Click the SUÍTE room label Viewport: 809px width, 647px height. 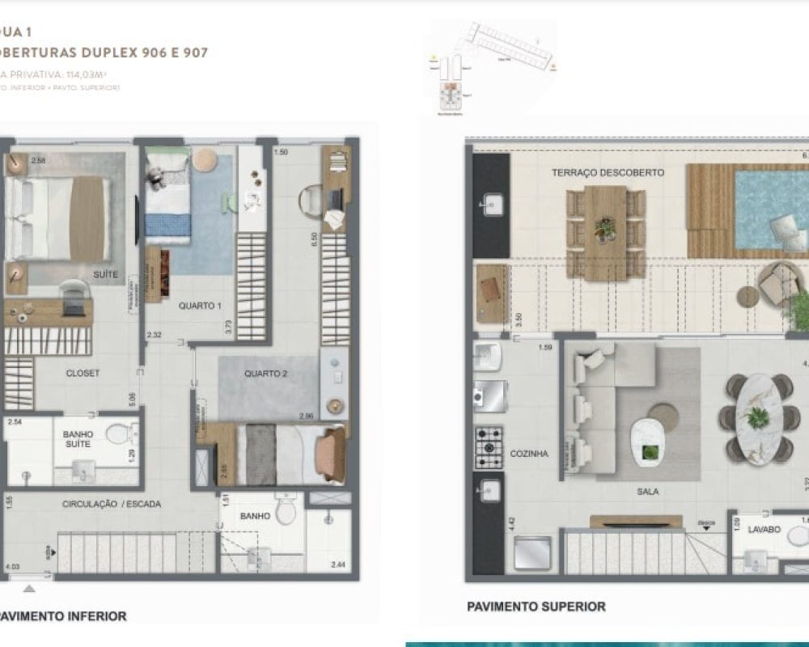[x=105, y=275]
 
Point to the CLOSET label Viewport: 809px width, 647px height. [x=83, y=373]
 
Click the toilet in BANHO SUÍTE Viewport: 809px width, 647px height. [x=118, y=435]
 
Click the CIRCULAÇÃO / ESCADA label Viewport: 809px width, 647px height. [x=112, y=504]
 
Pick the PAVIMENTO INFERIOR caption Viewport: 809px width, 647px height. [x=63, y=616]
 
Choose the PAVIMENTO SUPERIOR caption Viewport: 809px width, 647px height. [x=536, y=607]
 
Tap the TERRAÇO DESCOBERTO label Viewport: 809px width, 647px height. [x=608, y=173]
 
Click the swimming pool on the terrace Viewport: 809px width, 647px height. [x=769, y=210]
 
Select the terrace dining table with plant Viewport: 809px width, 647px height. [x=605, y=231]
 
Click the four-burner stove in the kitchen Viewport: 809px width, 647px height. [x=489, y=447]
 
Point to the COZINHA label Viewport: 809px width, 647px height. [x=529, y=454]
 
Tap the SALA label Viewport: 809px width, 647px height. [x=647, y=491]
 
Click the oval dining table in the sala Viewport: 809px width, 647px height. [x=758, y=418]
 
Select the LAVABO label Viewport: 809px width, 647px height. [x=765, y=530]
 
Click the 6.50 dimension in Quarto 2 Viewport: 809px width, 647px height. [x=315, y=240]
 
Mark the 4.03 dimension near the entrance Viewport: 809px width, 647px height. [x=11, y=567]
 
